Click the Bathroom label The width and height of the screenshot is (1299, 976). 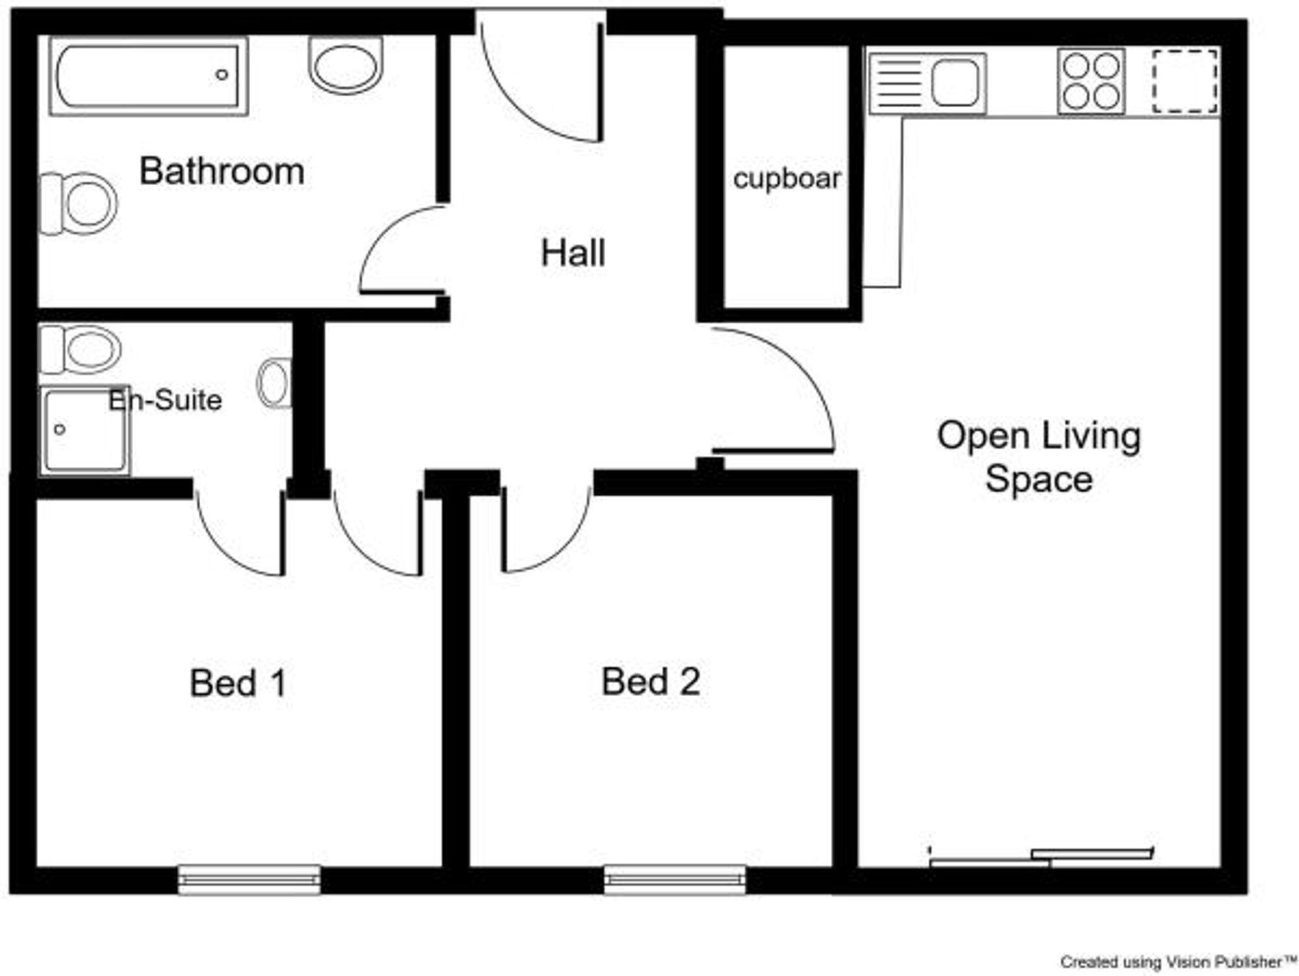pos(221,171)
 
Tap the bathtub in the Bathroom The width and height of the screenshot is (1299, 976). pos(148,76)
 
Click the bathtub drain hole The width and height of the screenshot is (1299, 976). pos(221,75)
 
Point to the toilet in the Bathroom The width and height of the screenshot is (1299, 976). pos(80,203)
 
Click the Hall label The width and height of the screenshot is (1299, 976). pos(573,253)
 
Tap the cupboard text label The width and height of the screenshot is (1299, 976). pos(787,179)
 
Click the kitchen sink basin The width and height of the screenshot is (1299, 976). pos(955,83)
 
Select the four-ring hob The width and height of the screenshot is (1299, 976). pos(1091,82)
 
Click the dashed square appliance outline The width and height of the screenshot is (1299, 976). pos(1185,82)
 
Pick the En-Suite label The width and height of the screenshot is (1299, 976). pos(165,400)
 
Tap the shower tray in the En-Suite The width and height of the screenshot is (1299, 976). pos(84,431)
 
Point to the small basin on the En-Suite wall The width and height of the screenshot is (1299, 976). pos(275,383)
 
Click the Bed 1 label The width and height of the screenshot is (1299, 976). pos(238,683)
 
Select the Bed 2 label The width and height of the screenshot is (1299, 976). pos(651,682)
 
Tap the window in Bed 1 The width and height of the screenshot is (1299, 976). pos(249,880)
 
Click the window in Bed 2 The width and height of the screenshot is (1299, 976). pos(675,880)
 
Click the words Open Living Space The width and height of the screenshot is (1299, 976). pos(1038,457)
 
